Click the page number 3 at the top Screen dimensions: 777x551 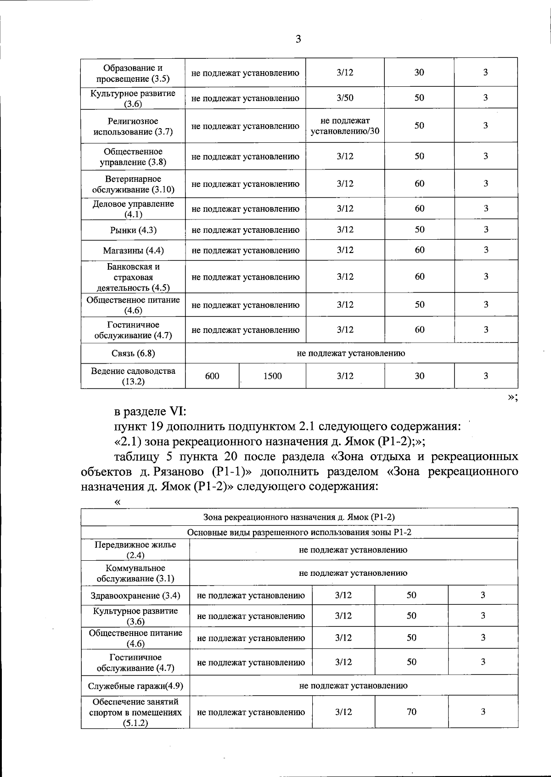point(298,39)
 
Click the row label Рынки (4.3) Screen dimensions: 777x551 point(133,230)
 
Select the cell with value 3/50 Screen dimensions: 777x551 point(345,98)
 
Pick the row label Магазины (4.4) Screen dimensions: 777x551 point(133,251)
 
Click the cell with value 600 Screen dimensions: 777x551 point(212,376)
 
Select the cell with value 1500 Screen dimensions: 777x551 point(272,376)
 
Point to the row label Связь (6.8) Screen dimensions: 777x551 point(133,353)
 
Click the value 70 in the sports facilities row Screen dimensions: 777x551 point(411,712)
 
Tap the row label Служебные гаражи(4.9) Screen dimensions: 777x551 point(135,686)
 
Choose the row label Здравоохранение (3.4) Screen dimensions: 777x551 point(135,596)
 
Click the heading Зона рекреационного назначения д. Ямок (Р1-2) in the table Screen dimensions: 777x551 point(299,517)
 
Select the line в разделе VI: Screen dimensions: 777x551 point(150,411)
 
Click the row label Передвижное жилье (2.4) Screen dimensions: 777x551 point(135,550)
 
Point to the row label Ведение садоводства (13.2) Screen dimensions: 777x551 point(133,376)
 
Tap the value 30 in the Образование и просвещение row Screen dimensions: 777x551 point(419,73)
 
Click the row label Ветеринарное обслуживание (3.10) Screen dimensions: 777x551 point(133,184)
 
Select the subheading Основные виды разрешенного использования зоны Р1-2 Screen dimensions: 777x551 point(299,533)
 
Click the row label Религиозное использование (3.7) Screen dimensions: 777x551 point(133,126)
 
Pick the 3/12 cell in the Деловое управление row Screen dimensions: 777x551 point(345,209)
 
